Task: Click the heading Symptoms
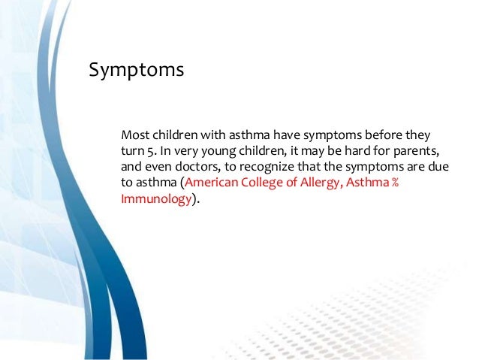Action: coord(136,70)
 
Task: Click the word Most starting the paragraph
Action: coord(134,136)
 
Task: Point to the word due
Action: coord(436,169)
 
